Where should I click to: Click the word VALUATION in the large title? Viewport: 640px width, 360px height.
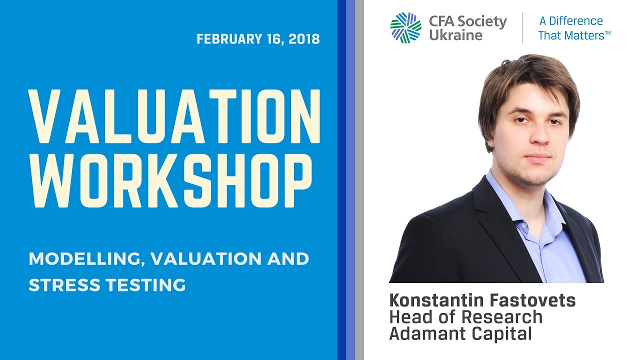174,116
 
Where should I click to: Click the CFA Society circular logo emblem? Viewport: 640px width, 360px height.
405,27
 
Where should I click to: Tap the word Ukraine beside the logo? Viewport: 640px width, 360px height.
455,35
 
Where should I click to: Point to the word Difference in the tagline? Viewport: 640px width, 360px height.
576,21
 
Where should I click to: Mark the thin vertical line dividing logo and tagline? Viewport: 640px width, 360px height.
522,28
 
